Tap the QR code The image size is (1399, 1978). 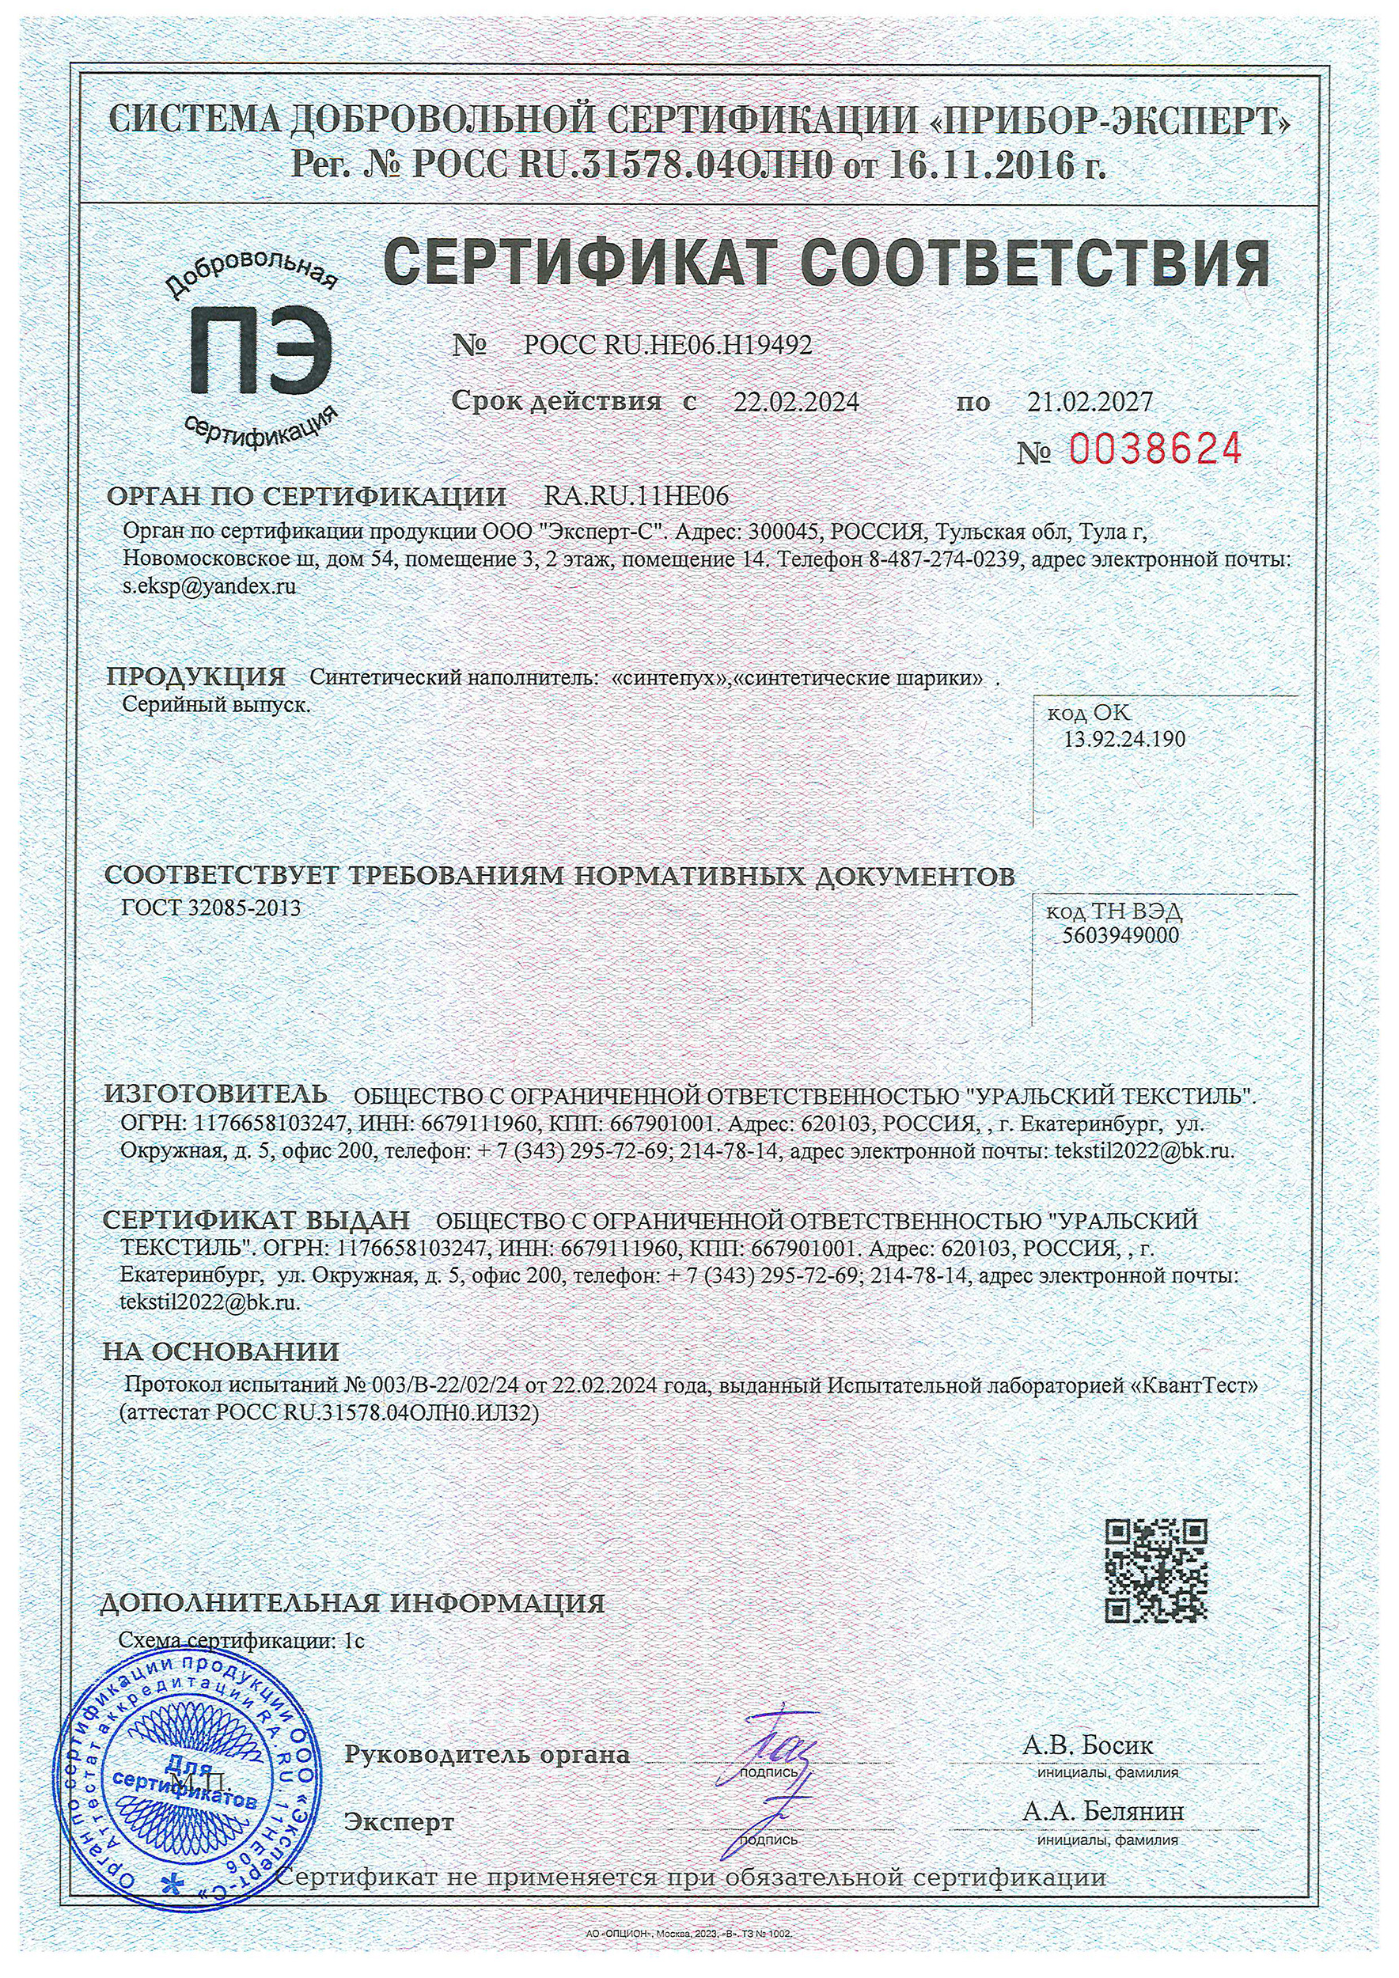pyautogui.click(x=1155, y=1571)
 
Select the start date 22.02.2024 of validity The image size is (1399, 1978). pyautogui.click(x=795, y=401)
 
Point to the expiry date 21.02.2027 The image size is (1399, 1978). pyautogui.click(x=1089, y=401)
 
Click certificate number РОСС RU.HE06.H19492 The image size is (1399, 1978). pyautogui.click(x=668, y=346)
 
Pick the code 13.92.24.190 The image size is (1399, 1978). pyautogui.click(x=1124, y=738)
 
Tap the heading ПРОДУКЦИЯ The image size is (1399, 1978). pyautogui.click(x=195, y=676)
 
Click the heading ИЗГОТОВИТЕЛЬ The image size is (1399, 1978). pyautogui.click(x=215, y=1094)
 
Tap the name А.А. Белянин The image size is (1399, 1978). pyautogui.click(x=1102, y=1812)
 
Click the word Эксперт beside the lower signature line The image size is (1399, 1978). pyautogui.click(x=399, y=1822)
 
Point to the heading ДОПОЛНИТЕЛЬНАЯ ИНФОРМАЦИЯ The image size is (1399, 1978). pyautogui.click(x=352, y=1603)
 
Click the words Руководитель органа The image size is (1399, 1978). pyautogui.click(x=487, y=1754)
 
